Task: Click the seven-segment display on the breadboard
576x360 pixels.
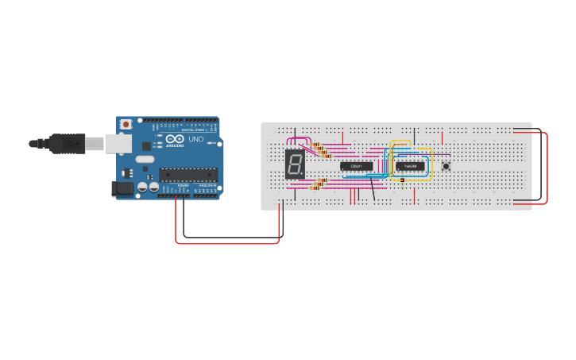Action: [x=294, y=165]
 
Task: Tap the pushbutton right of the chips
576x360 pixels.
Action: [x=446, y=166]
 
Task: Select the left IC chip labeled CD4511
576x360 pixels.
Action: [x=356, y=166]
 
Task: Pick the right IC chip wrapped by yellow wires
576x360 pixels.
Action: [x=410, y=166]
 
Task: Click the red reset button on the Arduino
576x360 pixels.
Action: [x=126, y=125]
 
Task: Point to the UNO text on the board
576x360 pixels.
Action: [x=195, y=139]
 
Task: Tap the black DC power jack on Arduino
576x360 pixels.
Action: [x=122, y=188]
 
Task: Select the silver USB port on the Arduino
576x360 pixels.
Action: [x=118, y=143]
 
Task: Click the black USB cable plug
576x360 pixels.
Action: [x=68, y=144]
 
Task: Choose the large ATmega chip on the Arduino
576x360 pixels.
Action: [x=188, y=175]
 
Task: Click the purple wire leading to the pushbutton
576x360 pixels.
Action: [x=441, y=154]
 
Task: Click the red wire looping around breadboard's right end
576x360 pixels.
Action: [x=547, y=167]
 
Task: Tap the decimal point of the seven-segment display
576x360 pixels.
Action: [x=303, y=176]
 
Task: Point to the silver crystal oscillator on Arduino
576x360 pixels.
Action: [x=145, y=159]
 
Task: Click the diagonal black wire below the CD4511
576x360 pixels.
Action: [x=373, y=189]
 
